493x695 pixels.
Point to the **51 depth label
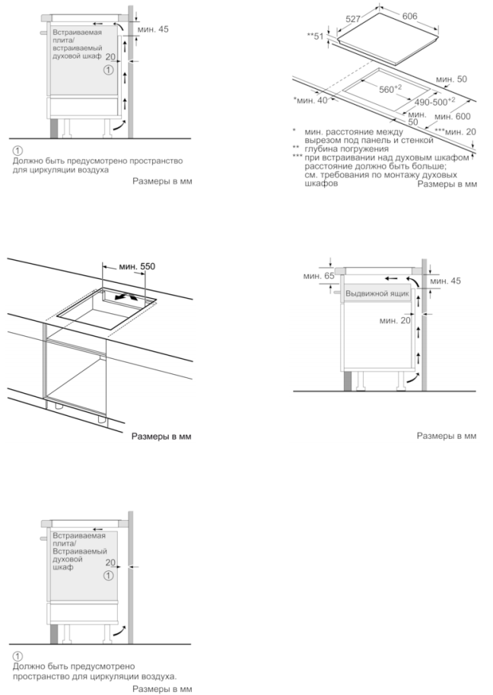[x=315, y=36]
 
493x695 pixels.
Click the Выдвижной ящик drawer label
[x=378, y=293]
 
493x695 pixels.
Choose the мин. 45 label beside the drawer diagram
[x=445, y=281]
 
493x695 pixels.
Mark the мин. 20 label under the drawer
[x=395, y=322]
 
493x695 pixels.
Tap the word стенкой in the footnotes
[x=415, y=141]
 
